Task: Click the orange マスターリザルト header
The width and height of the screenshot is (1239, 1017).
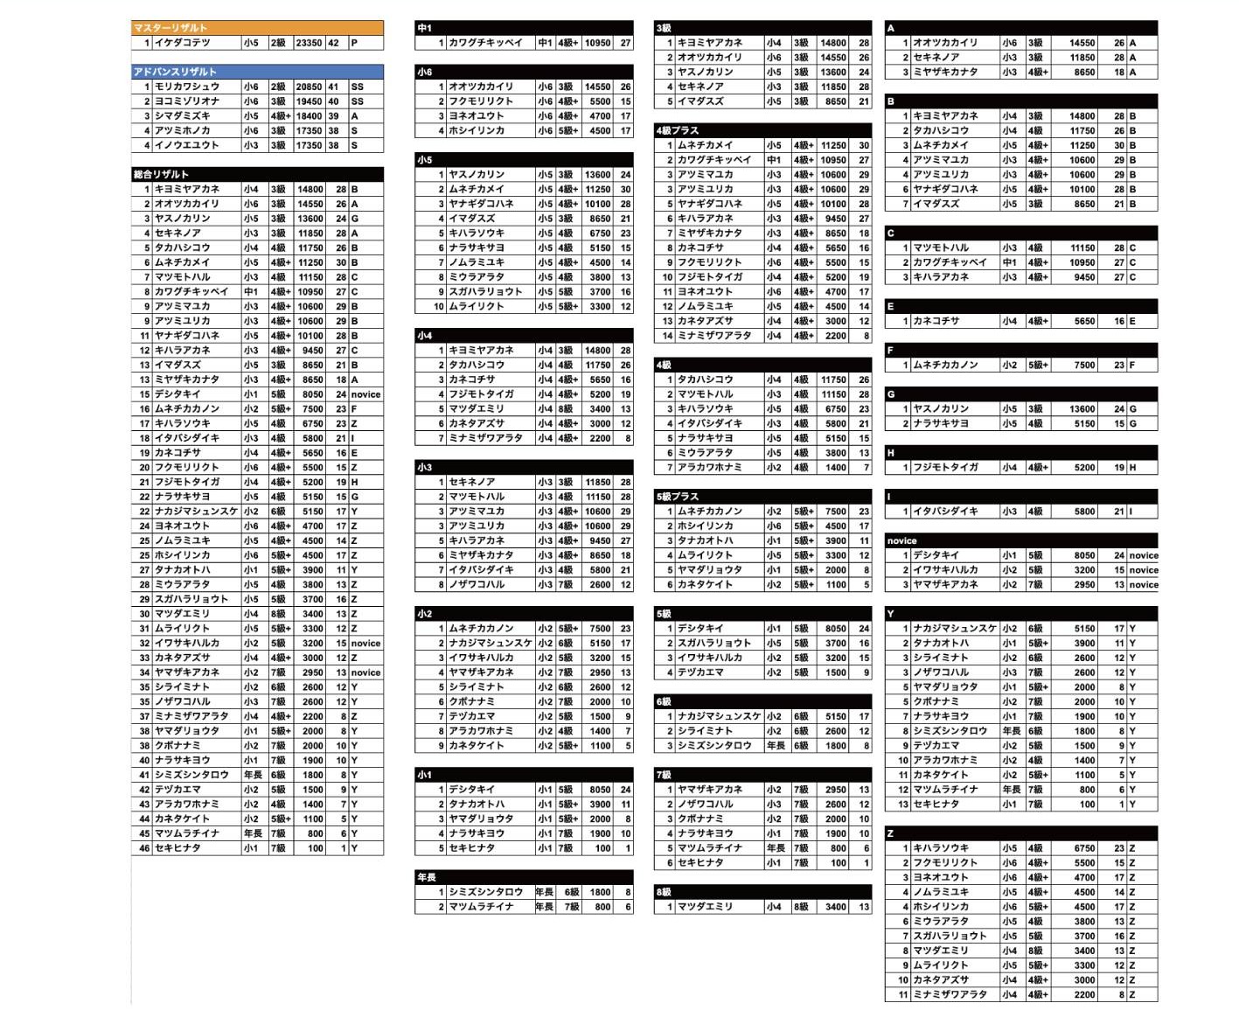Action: tap(257, 28)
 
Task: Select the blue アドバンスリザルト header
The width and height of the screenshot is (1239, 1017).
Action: tap(257, 72)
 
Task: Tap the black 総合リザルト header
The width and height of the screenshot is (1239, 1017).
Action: tap(257, 174)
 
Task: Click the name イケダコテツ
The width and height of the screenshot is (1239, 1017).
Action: tap(183, 43)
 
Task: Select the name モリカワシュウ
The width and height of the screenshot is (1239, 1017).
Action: tap(187, 87)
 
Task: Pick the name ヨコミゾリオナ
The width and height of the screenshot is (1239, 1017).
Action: tap(187, 101)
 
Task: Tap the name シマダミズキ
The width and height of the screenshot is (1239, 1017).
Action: tap(183, 115)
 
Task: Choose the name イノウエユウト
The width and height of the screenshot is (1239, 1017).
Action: tap(187, 145)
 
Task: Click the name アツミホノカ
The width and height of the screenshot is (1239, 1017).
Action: tap(183, 130)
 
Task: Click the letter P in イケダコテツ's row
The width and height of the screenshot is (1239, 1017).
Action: tap(355, 43)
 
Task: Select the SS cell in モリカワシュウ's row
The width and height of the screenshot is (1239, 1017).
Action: tap(357, 87)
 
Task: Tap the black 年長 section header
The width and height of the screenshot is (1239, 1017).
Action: tap(524, 877)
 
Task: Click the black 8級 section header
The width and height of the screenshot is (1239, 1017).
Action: tap(762, 892)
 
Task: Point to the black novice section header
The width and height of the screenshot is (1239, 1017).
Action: tap(1020, 540)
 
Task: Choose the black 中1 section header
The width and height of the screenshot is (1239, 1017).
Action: tap(524, 28)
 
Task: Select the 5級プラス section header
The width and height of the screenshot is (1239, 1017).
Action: tap(762, 497)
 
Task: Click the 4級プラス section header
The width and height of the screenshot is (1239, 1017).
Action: tap(762, 130)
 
